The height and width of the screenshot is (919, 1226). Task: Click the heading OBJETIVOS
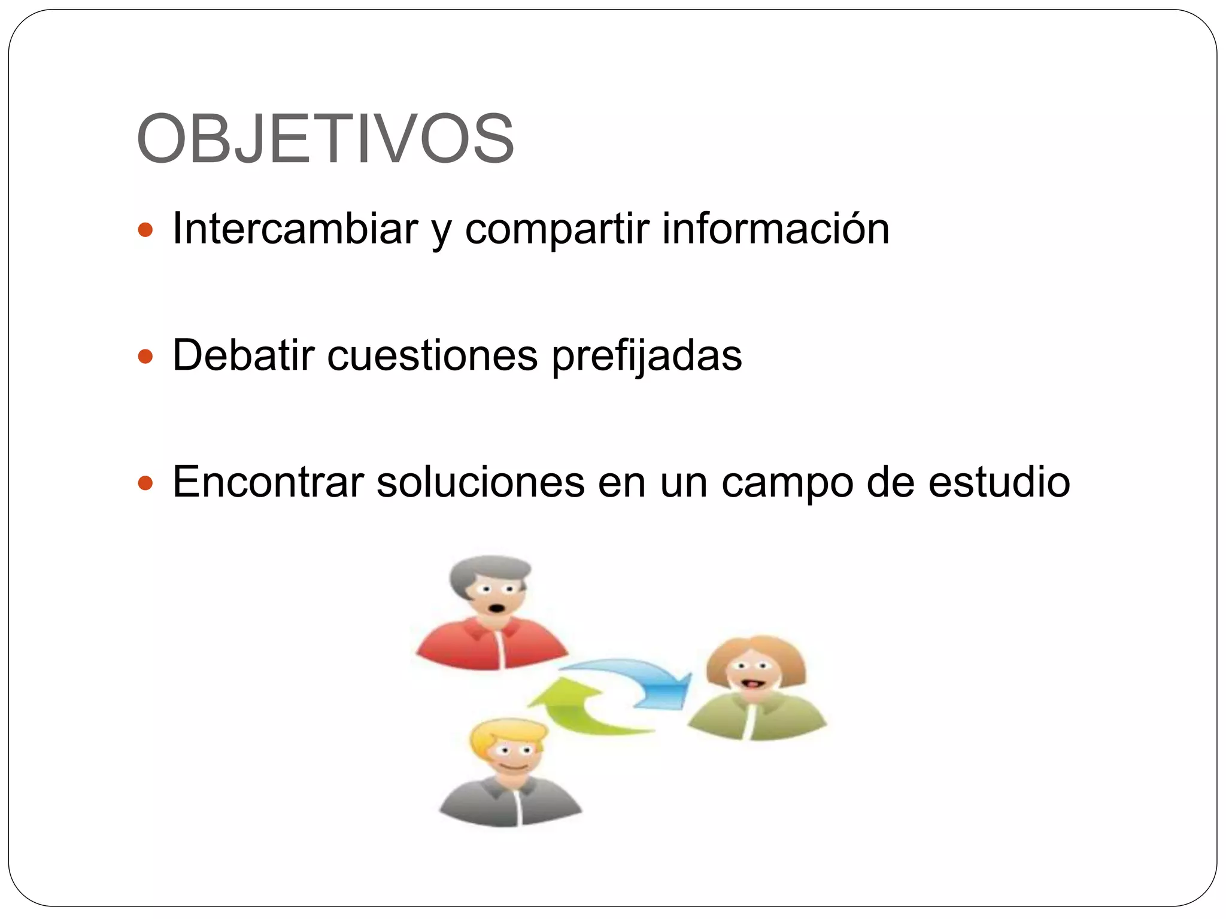pos(325,139)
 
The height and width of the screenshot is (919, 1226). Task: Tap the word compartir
pos(557,230)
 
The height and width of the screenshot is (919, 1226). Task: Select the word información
pos(776,229)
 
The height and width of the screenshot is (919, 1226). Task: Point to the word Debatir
pos(243,355)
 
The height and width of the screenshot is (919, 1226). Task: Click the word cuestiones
pos(432,356)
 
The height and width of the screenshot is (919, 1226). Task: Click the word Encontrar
pos(268,482)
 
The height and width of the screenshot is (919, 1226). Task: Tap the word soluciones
pos(480,482)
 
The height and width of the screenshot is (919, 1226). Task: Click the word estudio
pos(999,482)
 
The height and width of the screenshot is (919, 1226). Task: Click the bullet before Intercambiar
pos(145,230)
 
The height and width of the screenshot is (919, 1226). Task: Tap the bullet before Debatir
pos(145,357)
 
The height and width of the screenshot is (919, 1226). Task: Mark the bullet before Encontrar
pos(145,483)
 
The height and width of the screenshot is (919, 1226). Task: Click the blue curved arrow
pos(641,679)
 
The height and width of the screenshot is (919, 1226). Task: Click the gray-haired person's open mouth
pos(496,609)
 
